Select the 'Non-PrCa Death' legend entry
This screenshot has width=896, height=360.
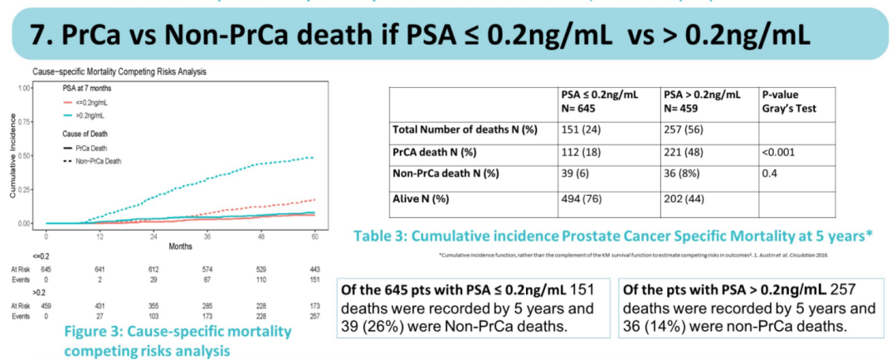pyautogui.click(x=99, y=161)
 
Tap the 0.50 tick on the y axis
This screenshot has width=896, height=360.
pyautogui.click(x=24, y=155)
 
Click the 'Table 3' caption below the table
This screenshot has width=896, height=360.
pyautogui.click(x=613, y=236)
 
